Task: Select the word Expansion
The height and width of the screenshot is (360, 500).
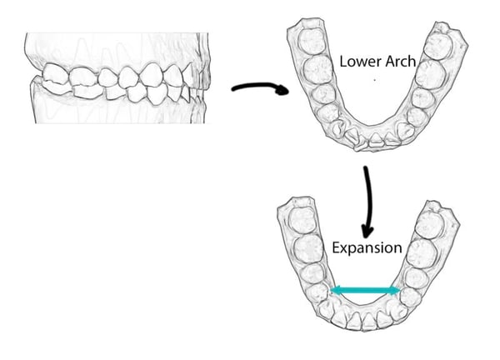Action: (x=366, y=248)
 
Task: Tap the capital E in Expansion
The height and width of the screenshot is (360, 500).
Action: (x=336, y=247)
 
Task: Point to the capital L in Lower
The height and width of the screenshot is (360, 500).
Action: (x=342, y=62)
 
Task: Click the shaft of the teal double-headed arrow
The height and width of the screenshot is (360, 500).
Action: (x=366, y=290)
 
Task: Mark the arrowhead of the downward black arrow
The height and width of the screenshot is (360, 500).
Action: (x=365, y=227)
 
